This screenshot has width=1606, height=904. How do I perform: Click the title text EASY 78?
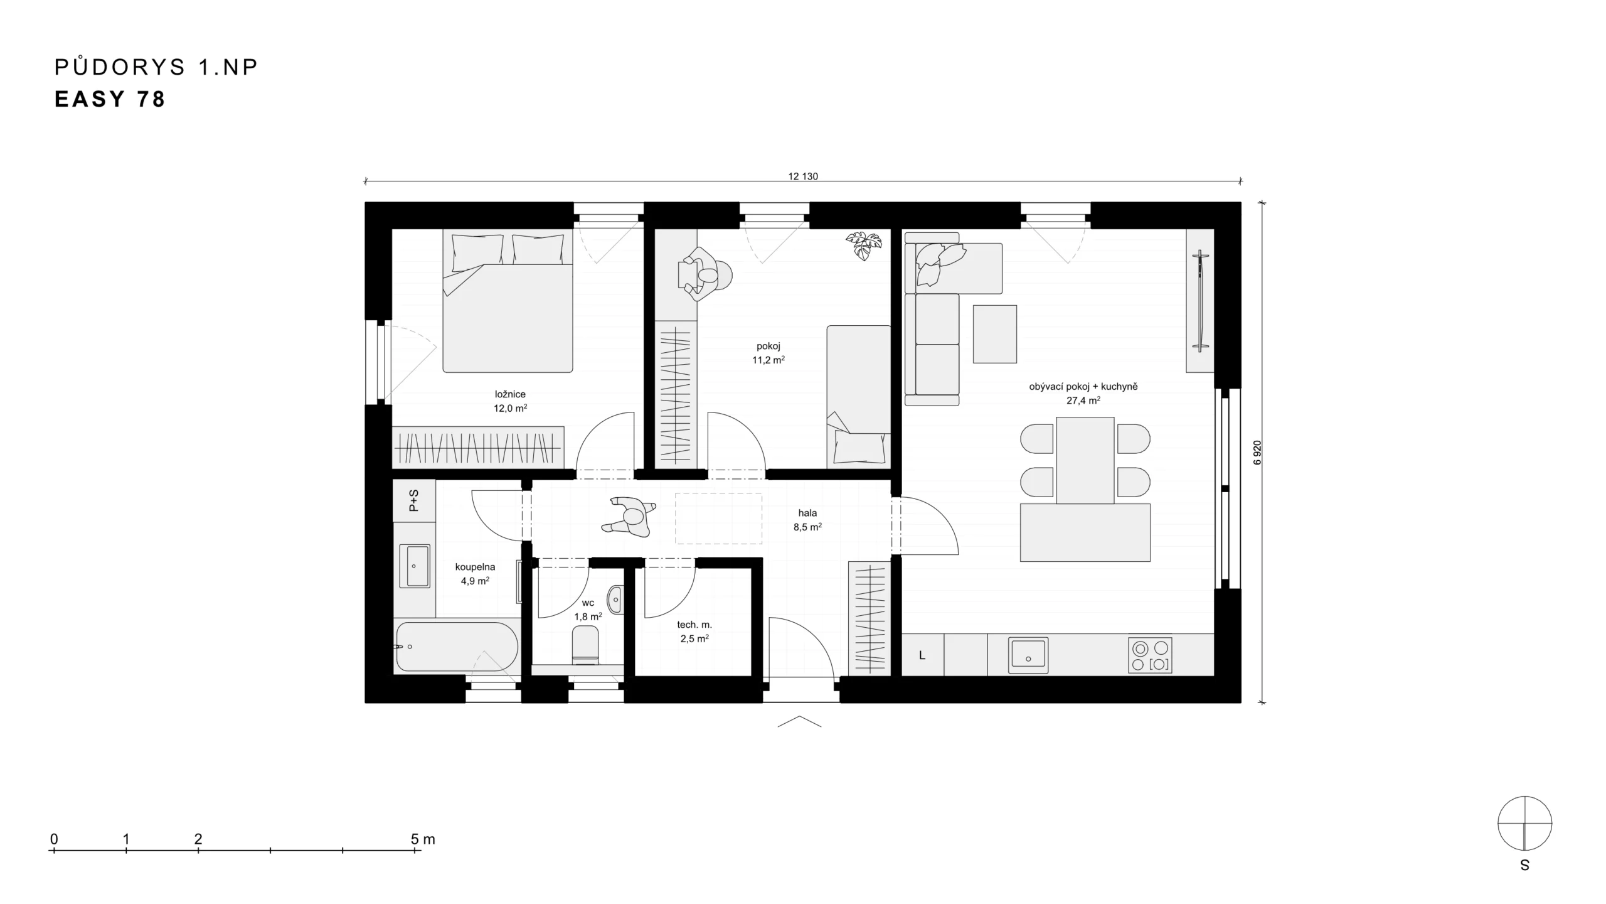coord(110,99)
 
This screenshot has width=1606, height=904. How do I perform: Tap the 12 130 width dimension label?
coord(803,176)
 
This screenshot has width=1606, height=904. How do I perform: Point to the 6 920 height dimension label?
coord(1257,453)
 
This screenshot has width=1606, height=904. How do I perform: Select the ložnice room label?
coord(510,394)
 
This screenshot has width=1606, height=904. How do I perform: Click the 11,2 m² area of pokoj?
coord(768,360)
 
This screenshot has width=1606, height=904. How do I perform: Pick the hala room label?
coord(807,513)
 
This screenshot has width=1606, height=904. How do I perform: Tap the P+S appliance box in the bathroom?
coord(414,500)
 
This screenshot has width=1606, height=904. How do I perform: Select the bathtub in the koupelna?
coord(457,647)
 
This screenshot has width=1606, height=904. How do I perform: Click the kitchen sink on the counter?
coord(1028,655)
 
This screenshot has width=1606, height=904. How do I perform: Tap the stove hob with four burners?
coord(1150,655)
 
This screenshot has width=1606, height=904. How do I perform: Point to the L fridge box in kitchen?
coord(923,655)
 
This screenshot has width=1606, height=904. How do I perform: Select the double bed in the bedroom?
coord(508,301)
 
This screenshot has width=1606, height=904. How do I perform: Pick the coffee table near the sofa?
coord(995,334)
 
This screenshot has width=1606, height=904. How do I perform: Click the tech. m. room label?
coord(694,625)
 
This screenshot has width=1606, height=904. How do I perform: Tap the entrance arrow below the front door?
coord(799,721)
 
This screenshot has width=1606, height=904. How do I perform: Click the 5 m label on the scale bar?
coord(423,839)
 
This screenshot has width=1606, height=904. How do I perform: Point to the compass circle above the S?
coord(1525,824)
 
